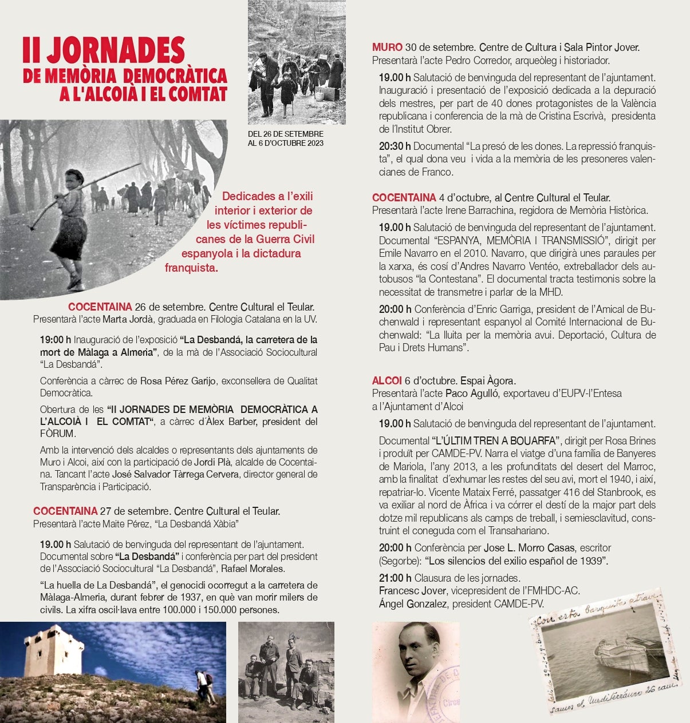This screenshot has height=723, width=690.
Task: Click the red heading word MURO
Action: (x=387, y=47)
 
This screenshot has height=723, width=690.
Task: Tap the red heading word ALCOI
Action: (x=387, y=380)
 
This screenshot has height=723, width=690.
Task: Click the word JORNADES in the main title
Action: (x=116, y=51)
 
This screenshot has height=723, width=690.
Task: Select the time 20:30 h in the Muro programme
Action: (x=395, y=146)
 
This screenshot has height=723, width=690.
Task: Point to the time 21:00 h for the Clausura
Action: (x=395, y=578)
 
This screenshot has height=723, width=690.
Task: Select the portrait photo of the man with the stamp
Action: (x=415, y=672)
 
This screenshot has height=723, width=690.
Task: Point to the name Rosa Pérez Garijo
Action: (x=178, y=381)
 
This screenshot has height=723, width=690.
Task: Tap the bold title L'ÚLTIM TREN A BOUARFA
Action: (x=495, y=441)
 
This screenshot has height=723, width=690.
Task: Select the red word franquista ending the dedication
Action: (x=191, y=268)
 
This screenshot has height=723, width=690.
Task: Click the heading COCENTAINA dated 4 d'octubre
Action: (x=404, y=198)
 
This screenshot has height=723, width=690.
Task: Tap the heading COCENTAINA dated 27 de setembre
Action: (x=65, y=511)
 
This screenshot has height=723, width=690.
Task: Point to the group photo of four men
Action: (x=286, y=672)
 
